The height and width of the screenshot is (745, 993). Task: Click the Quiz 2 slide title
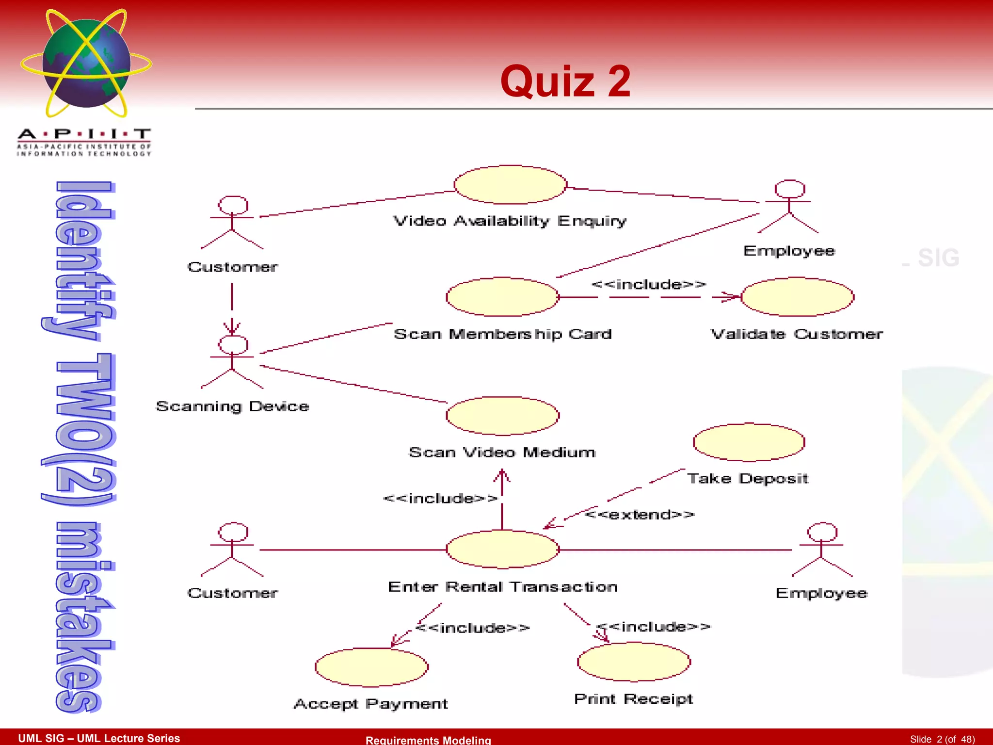(x=565, y=81)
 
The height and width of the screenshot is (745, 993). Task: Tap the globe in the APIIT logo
(x=86, y=63)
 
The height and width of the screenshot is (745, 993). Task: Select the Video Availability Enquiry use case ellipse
(x=510, y=184)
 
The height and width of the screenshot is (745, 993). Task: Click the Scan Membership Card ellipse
(x=502, y=296)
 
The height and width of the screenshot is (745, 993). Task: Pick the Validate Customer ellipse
(x=797, y=296)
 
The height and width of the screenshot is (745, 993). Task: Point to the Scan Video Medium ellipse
(x=502, y=416)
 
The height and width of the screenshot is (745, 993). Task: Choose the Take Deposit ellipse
(x=749, y=442)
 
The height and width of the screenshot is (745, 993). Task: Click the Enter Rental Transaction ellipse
(x=502, y=549)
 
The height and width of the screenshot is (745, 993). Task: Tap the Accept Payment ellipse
(x=371, y=667)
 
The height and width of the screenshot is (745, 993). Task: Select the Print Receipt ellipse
(x=634, y=662)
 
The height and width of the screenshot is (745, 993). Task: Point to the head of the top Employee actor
(x=789, y=189)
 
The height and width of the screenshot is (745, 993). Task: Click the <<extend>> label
(x=640, y=514)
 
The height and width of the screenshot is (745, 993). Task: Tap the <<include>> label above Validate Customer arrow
(x=648, y=284)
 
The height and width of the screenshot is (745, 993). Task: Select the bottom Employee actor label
(x=821, y=593)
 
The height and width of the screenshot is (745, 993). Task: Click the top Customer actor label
(x=233, y=267)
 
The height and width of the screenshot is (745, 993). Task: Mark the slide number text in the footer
(x=942, y=739)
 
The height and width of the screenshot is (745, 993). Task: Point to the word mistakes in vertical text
(x=80, y=616)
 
